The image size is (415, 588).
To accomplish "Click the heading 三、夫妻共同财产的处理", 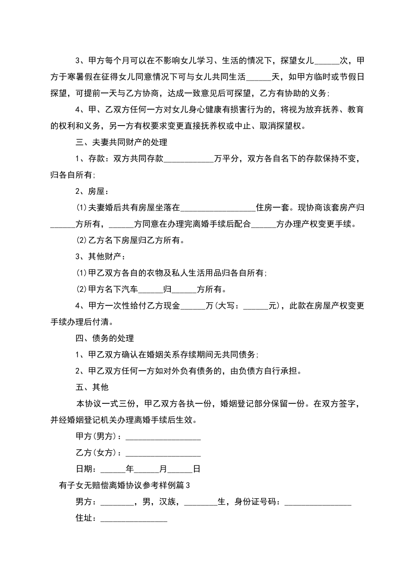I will [121, 142].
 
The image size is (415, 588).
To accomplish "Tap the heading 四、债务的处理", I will [105, 338].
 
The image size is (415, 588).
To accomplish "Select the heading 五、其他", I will [92, 387].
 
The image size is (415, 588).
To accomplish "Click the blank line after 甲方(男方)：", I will [163, 437].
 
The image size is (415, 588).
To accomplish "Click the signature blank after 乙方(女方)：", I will [163, 453].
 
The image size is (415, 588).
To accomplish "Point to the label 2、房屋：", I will [92, 191].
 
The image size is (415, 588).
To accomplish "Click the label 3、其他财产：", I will [100, 256].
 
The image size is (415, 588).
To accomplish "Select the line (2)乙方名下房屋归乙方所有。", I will [131, 240].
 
